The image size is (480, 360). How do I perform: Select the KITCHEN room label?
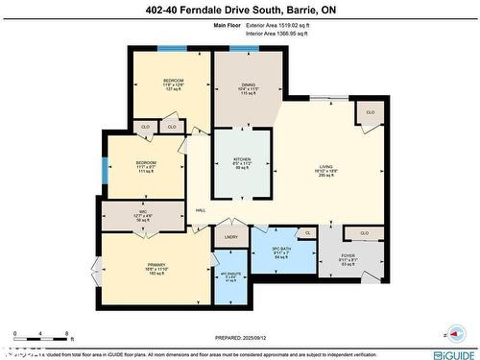(242, 160)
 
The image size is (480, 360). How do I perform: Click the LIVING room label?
(326, 168)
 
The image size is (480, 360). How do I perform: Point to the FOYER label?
(348, 256)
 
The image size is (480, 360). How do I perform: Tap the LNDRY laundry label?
(230, 236)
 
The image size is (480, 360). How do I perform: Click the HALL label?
(201, 210)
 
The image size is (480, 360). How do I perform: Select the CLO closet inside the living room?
(370, 113)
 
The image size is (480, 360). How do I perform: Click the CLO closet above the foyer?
(364, 232)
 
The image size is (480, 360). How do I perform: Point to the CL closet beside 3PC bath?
(307, 233)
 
